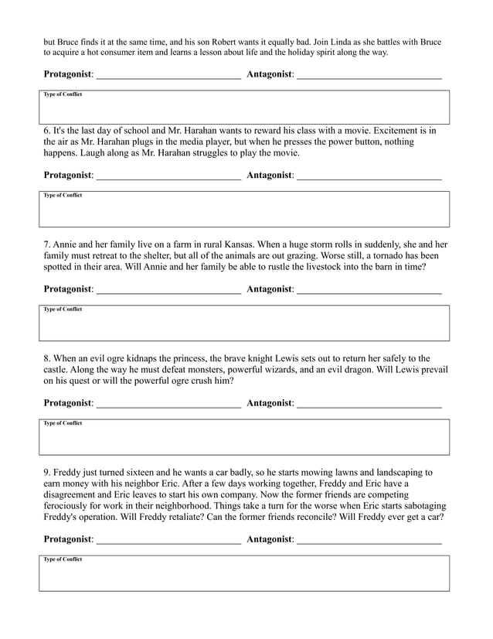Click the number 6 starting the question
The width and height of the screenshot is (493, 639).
(46, 130)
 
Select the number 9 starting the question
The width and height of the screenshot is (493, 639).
(46, 472)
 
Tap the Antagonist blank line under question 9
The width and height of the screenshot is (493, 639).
(369, 542)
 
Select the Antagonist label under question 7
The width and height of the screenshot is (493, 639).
(270, 289)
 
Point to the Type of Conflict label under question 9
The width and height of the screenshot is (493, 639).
(63, 559)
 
